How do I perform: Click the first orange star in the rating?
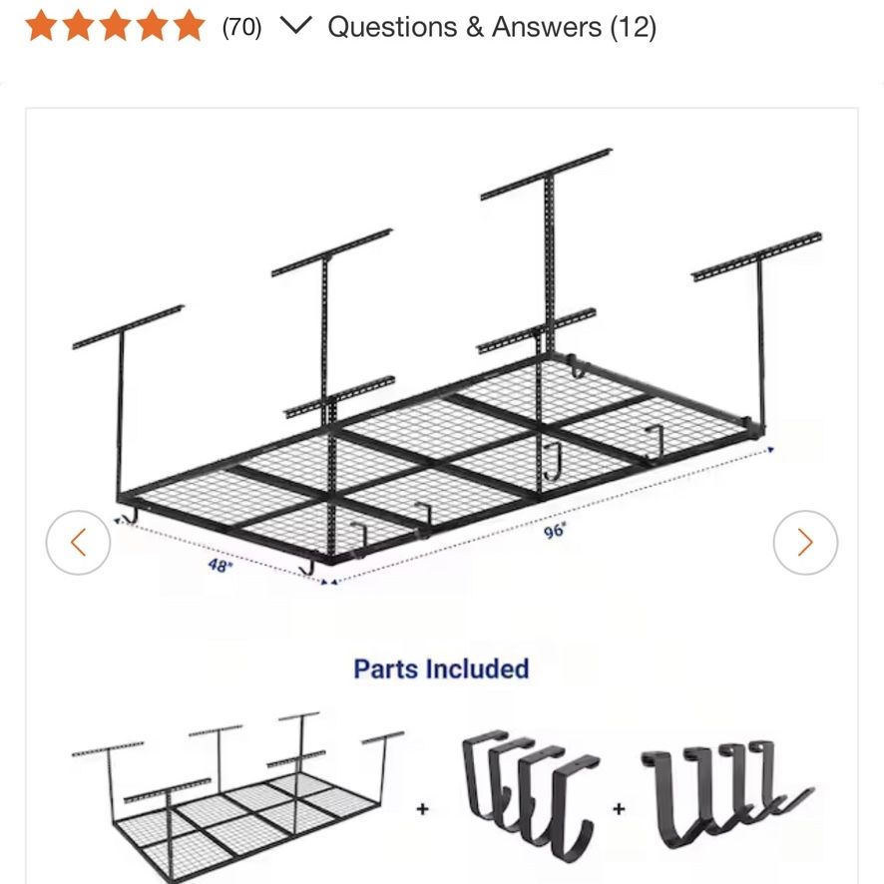point(41,26)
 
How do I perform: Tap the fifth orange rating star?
point(189,26)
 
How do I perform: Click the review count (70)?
point(241,27)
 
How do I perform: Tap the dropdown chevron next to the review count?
point(296,25)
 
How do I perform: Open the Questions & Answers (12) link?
point(492,27)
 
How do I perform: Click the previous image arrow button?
point(79,543)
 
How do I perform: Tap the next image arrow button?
point(805,543)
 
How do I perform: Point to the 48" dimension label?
point(220,565)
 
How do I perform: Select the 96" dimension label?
point(555,531)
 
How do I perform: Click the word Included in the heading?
point(478,669)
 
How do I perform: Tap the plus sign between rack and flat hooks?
point(423,809)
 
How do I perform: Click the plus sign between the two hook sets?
point(619,809)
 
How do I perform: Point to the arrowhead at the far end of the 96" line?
point(770,449)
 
